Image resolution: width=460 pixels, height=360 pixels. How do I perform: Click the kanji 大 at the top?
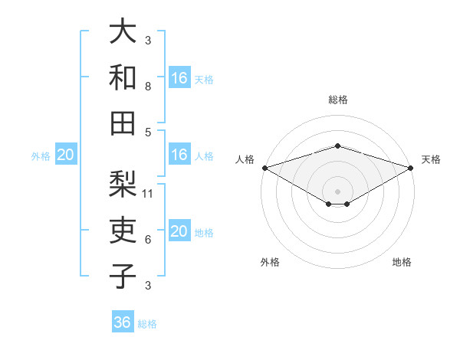tap(123, 32)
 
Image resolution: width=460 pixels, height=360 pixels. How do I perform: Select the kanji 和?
tap(123, 77)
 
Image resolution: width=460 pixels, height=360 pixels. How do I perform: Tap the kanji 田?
tap(123, 123)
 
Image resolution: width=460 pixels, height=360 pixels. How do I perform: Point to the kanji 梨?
tap(123, 185)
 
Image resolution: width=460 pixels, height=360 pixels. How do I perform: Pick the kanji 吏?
tap(123, 231)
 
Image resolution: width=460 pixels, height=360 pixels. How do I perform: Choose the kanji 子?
tap(123, 276)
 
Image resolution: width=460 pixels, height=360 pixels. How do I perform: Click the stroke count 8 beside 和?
tap(148, 86)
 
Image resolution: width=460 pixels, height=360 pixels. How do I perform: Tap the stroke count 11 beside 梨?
tap(149, 194)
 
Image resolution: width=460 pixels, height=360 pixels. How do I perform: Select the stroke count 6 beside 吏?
tap(148, 240)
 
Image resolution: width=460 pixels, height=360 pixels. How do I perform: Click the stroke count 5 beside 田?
tap(148, 132)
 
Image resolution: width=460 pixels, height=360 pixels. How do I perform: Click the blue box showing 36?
tap(123, 322)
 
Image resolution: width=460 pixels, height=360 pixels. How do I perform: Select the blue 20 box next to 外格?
tap(65, 155)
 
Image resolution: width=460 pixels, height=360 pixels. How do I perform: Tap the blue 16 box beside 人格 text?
tap(179, 155)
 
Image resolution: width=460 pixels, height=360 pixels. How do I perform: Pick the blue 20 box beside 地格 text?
tap(179, 232)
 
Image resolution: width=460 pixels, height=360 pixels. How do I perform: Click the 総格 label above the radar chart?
tap(337, 100)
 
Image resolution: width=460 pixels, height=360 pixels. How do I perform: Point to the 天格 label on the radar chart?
tap(431, 159)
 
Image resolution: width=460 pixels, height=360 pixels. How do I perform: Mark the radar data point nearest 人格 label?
tap(264, 168)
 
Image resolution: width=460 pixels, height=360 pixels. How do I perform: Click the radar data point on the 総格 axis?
tap(337, 146)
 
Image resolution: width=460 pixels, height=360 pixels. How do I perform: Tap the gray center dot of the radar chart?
tap(337, 190)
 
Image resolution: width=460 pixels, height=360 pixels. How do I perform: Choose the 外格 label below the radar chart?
tap(270, 262)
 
